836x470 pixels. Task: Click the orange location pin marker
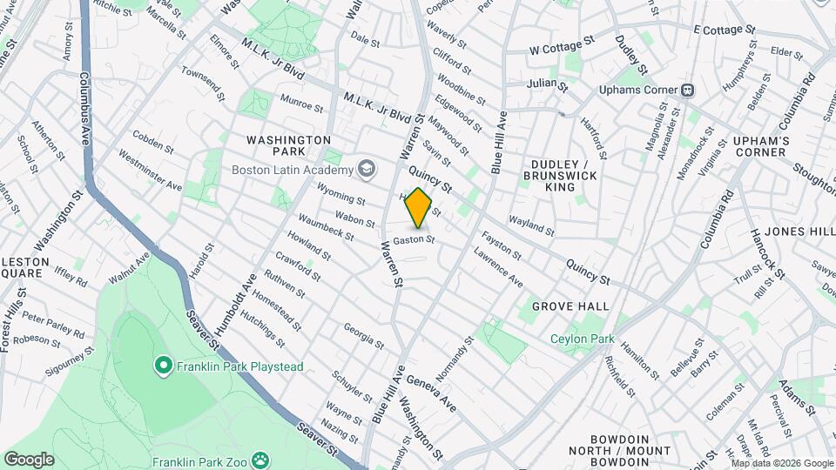[x=418, y=209]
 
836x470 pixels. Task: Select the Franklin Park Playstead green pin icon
[x=162, y=366]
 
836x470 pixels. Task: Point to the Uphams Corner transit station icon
[x=688, y=89]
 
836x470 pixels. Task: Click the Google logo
[x=29, y=460]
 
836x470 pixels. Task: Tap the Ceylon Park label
[x=582, y=339]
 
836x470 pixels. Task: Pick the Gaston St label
[x=413, y=239]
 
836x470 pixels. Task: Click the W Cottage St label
[x=562, y=45]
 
